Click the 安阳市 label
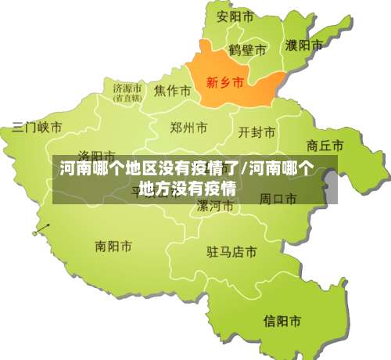pyautogui.click(x=235, y=16)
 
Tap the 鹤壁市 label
pyautogui.click(x=247, y=50)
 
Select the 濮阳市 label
pyautogui.click(x=304, y=45)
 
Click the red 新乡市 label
pyautogui.click(x=224, y=81)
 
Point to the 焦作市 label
pyautogui.click(x=173, y=91)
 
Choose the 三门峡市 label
pyautogui.click(x=37, y=127)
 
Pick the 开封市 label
pyautogui.click(x=256, y=131)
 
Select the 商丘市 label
pyautogui.click(x=325, y=146)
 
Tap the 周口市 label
pyautogui.click(x=278, y=199)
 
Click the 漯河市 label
pyautogui.click(x=214, y=207)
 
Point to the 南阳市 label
pyautogui.click(x=113, y=247)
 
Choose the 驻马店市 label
pyautogui.click(x=231, y=252)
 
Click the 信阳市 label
pyautogui.click(x=282, y=320)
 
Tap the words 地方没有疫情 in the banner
pyautogui.click(x=187, y=189)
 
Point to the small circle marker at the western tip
pyautogui.click(x=34, y=232)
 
